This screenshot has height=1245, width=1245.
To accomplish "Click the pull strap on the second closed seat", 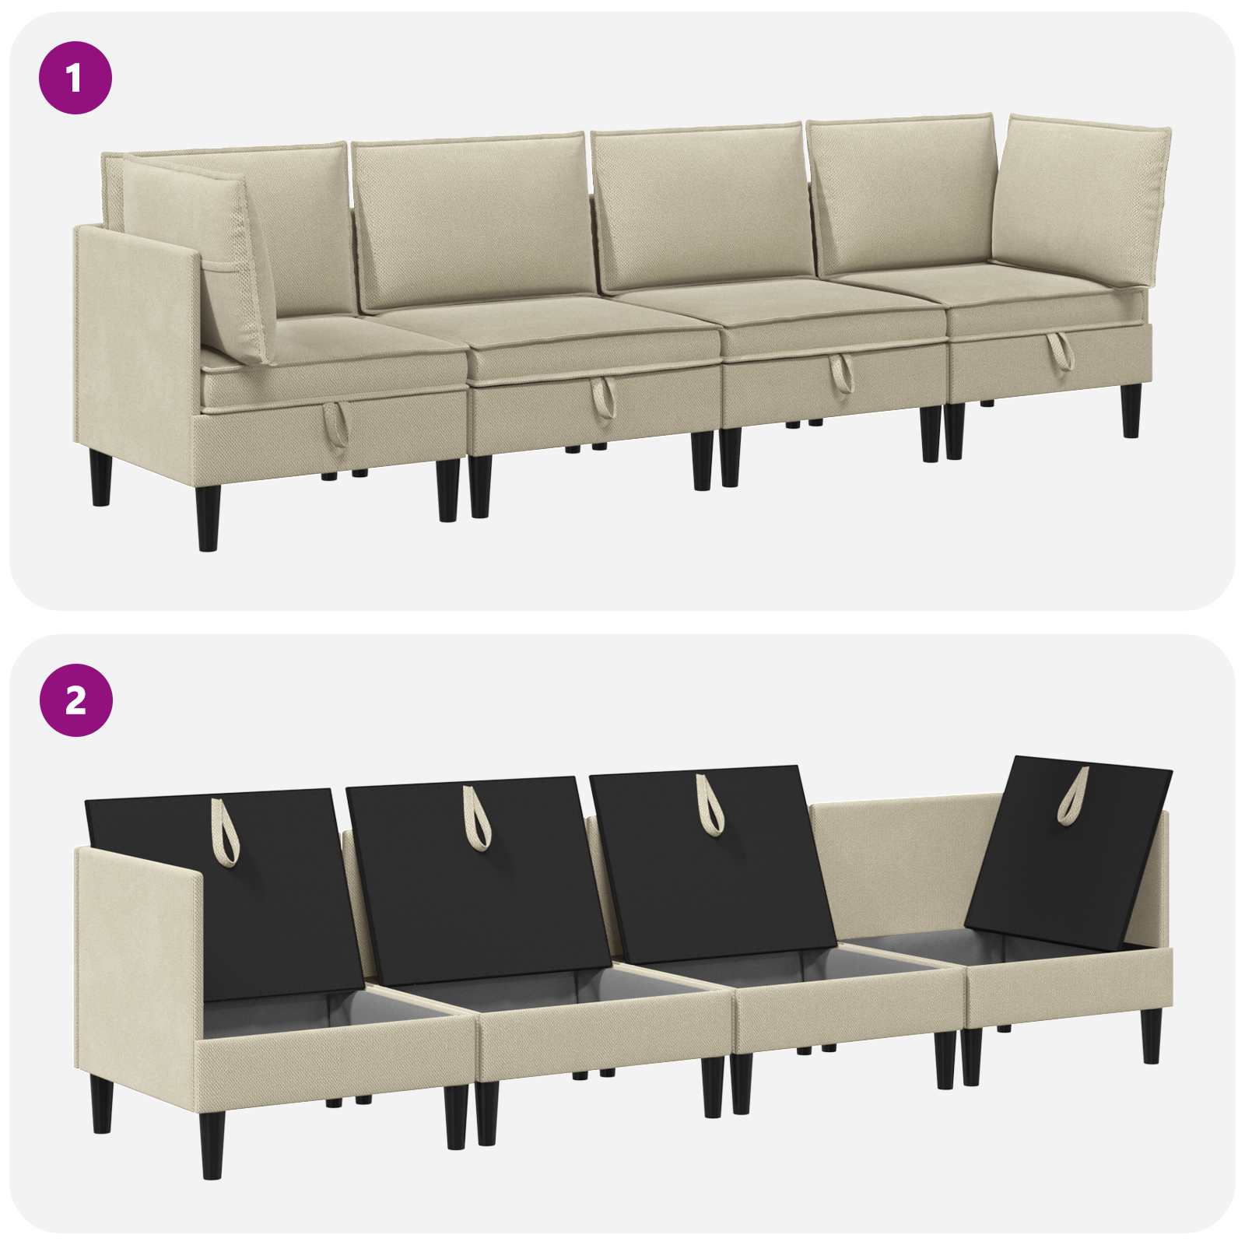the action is pos(601,398).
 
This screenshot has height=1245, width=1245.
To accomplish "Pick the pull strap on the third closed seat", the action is pos(840,373).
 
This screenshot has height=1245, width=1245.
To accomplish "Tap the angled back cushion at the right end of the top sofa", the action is pos(1082,202).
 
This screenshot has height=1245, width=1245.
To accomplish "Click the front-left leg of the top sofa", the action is pos(208,513).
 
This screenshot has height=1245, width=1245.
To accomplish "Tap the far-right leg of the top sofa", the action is pos(1132,409).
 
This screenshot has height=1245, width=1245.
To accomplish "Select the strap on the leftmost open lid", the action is pos(226,832).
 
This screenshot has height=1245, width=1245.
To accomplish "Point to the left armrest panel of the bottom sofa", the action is pos(140,965).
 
